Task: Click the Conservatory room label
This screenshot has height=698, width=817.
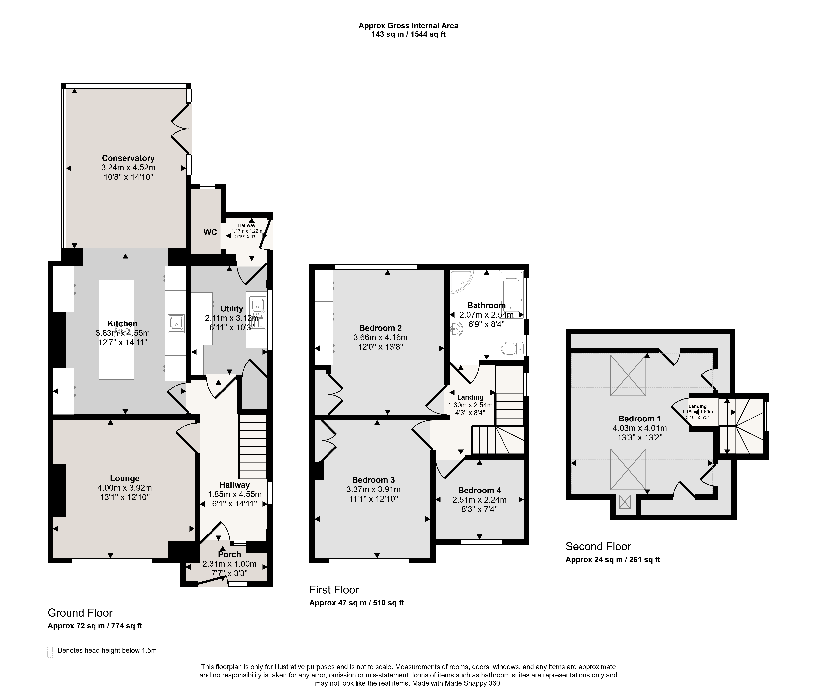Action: pyautogui.click(x=128, y=158)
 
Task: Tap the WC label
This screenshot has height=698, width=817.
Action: pyautogui.click(x=210, y=232)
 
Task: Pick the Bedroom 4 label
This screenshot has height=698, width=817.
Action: pyautogui.click(x=479, y=490)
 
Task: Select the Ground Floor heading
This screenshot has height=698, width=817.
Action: pyautogui.click(x=80, y=613)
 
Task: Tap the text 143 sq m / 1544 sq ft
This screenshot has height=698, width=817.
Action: pyautogui.click(x=409, y=34)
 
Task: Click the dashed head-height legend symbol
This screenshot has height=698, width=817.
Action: pyautogui.click(x=50, y=652)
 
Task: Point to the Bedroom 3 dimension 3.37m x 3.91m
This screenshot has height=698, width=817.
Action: pyautogui.click(x=373, y=490)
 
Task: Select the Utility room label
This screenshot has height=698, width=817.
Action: pyautogui.click(x=232, y=309)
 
